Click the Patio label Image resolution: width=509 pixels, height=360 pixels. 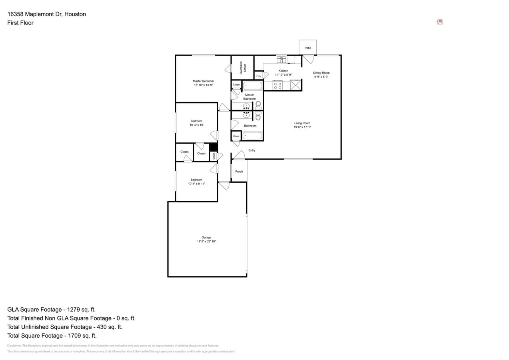point(307,48)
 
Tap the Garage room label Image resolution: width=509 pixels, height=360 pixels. point(206,238)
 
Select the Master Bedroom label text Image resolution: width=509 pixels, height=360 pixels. point(203,81)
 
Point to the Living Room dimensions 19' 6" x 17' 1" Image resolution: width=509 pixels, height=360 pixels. point(302,127)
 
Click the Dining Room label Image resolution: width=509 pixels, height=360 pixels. point(321,73)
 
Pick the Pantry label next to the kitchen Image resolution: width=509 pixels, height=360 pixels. point(259,76)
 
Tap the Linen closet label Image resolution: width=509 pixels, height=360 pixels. point(236,85)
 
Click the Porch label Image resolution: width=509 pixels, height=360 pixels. point(239,172)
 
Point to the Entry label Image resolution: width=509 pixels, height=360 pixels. point(252,150)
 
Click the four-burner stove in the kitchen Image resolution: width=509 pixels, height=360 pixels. point(277,86)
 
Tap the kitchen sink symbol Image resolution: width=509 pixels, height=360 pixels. point(281,60)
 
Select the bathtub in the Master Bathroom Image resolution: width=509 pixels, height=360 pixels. point(252,86)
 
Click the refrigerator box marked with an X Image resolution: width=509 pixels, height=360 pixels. point(295,86)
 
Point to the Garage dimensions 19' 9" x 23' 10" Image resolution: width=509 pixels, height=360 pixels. point(206,242)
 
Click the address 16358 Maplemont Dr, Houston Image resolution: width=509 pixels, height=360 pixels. point(46,14)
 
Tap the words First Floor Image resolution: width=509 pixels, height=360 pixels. point(20,23)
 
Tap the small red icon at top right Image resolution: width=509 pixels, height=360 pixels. point(439,22)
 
